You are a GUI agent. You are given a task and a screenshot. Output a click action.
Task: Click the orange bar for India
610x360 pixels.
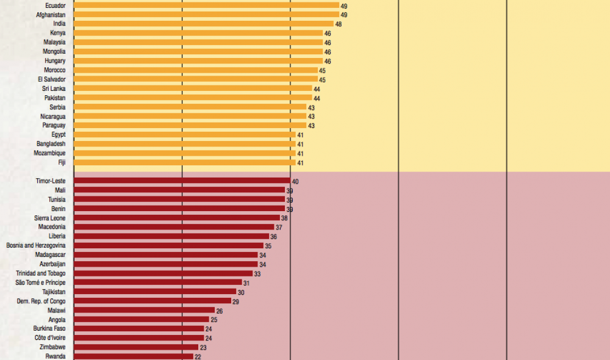coord(203,24)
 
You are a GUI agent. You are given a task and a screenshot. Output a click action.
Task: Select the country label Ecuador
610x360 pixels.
coord(56,5)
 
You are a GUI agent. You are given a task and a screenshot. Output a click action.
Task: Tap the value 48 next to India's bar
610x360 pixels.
coord(339,24)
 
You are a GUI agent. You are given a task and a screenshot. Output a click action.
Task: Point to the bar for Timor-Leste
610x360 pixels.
coord(182,181)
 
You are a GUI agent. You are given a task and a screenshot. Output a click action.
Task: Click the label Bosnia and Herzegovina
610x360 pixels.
coord(36,246)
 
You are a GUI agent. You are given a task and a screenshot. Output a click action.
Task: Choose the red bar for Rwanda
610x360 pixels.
coord(134,356)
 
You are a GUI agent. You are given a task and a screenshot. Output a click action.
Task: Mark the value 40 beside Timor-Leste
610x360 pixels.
coord(295,182)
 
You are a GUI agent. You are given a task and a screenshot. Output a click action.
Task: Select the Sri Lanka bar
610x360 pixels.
coord(193,88)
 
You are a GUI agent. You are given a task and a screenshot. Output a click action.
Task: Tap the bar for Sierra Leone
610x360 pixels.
coord(176,218)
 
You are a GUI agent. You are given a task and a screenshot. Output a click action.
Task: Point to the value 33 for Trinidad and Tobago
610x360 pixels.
coord(257,274)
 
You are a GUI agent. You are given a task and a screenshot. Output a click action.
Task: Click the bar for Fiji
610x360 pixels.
coord(185,163)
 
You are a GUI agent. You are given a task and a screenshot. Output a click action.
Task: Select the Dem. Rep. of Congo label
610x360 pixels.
coord(41,301)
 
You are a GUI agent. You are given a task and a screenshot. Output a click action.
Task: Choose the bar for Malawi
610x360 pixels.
coord(144,311)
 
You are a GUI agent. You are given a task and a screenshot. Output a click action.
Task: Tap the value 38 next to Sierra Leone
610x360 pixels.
coord(284,218)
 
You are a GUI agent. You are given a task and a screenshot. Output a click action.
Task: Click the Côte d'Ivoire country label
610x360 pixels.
coord(50,337)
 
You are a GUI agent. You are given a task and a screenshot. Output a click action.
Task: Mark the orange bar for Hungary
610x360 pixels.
coord(198,61)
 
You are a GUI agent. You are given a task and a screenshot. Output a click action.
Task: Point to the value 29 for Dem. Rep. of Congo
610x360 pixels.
coord(236,301)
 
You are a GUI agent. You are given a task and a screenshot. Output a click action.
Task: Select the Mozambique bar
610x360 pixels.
coord(185,153)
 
